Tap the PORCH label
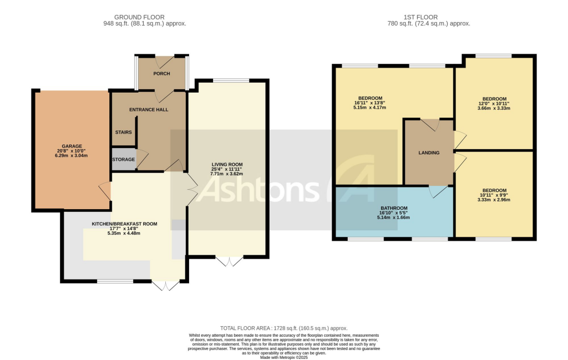(161, 74)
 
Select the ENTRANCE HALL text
(149, 110)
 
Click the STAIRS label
(123, 133)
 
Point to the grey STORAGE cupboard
(123, 159)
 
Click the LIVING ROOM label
(227, 164)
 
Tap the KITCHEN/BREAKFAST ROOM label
(124, 224)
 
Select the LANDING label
(429, 153)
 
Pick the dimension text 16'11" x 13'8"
(370, 103)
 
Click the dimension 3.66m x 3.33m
(494, 108)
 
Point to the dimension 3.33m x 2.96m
(494, 200)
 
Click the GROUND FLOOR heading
(144, 17)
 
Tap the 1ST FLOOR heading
(428, 17)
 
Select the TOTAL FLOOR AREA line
(283, 328)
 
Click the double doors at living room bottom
(229, 261)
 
